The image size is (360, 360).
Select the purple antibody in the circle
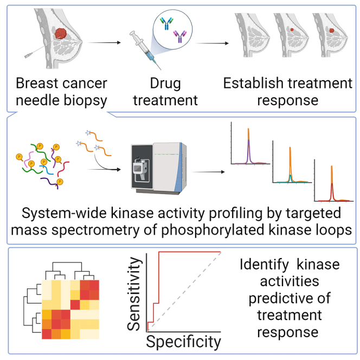pyautogui.click(x=178, y=37)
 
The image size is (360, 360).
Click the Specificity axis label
pyautogui.click(x=183, y=342)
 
